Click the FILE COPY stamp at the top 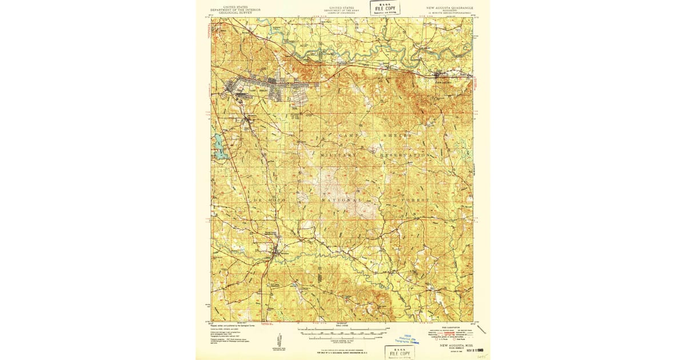[385, 8]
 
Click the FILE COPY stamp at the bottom [400, 352]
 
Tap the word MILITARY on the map [338, 155]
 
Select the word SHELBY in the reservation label [397, 135]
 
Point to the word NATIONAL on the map [341, 201]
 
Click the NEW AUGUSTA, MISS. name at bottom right [456, 346]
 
